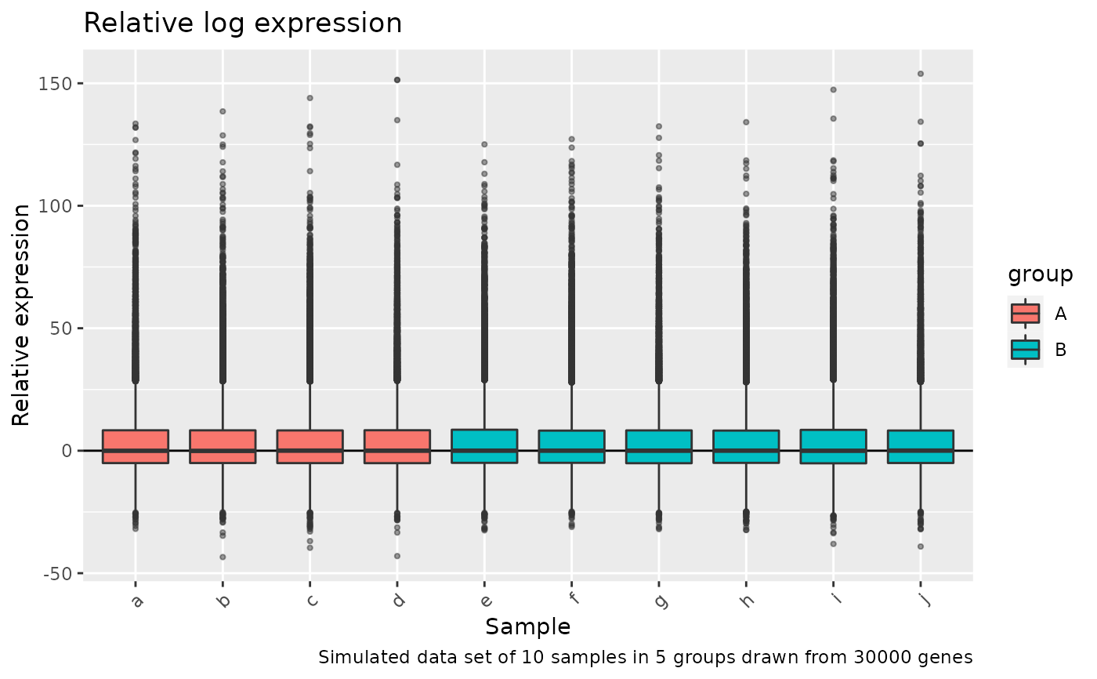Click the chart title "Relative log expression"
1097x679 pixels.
242,24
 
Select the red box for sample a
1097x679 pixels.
136,446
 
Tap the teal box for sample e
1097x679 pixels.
484,446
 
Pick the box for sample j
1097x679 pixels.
920,447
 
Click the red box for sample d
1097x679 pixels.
397,446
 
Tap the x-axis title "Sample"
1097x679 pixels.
527,627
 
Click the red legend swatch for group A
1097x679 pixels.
1025,314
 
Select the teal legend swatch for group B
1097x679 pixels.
1025,350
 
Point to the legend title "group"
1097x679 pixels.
1040,274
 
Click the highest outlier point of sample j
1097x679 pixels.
921,74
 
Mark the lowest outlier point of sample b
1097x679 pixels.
223,557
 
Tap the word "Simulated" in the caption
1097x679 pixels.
357,657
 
